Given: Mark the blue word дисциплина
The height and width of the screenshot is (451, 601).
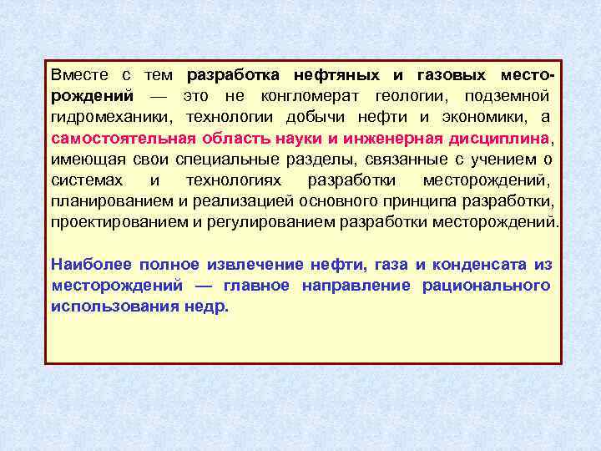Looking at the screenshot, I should [501, 138].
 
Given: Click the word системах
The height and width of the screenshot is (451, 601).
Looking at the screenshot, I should [86, 180].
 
